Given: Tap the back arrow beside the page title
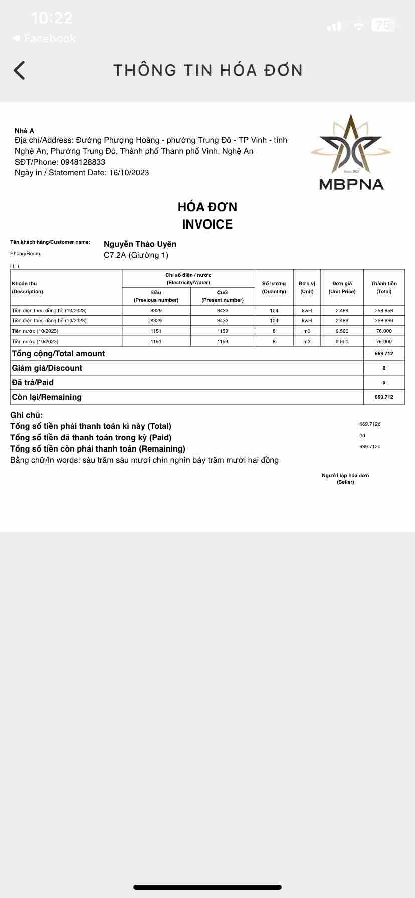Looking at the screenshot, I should point(19,70).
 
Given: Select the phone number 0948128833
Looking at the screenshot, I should point(83,162).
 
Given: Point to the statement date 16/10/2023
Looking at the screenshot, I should point(129,173).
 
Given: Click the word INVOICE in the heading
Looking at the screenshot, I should point(207,224).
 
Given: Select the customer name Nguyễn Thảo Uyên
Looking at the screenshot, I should point(140,244).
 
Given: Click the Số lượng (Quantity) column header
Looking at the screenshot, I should point(274,287).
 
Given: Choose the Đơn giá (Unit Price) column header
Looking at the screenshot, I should point(342,287).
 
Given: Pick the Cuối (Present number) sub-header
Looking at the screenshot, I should point(223,296).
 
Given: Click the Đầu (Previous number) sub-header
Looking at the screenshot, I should point(156,296).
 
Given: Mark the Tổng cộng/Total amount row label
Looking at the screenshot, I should point(58,354).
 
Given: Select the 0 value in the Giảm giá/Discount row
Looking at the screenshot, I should point(384,368).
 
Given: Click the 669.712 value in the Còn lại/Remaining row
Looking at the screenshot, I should point(384,397).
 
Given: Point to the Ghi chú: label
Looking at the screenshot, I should point(27,415).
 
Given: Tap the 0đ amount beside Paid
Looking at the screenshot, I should point(362,436).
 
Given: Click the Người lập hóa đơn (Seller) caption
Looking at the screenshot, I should point(345,479).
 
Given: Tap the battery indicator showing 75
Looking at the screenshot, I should point(383,25).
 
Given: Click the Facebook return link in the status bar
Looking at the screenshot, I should point(44,38).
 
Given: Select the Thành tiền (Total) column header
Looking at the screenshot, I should point(384,287).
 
